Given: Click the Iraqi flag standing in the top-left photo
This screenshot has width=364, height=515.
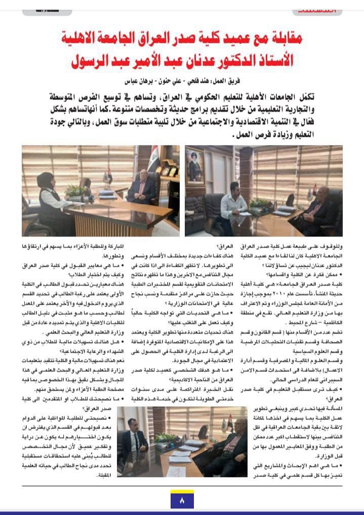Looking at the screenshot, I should pos(108,175).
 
